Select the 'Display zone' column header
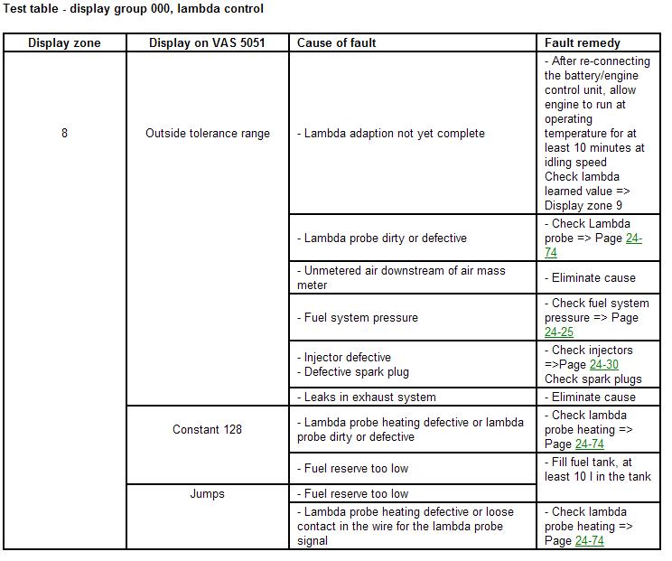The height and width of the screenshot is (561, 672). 64,42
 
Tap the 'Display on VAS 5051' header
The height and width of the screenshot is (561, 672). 208,42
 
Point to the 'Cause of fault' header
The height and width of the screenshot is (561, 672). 337,42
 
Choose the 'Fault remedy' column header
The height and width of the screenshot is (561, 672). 583,42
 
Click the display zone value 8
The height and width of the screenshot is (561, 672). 64,133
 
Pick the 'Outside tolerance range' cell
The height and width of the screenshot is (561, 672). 208,133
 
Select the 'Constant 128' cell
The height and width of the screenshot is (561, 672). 208,429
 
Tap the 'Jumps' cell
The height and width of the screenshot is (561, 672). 208,493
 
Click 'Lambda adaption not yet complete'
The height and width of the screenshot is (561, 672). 394,133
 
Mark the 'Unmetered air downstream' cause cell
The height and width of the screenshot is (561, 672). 404,277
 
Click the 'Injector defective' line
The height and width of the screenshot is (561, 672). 347,357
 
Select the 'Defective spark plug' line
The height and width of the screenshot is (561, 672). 356,371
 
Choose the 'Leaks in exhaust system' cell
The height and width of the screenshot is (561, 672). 369,397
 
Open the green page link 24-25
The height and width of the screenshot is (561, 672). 559,332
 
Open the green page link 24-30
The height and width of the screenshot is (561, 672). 604,364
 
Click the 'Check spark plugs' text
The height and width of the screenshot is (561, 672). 593,379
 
